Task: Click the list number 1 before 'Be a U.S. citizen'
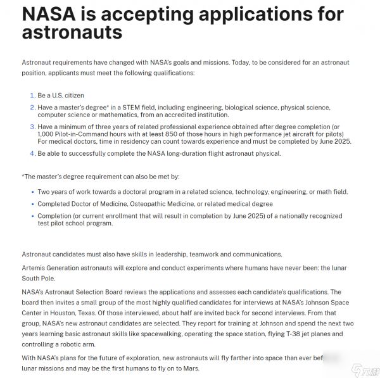click(32, 96)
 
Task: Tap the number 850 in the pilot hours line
click(161, 134)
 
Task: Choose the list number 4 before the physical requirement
click(32, 153)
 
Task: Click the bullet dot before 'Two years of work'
click(32, 192)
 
